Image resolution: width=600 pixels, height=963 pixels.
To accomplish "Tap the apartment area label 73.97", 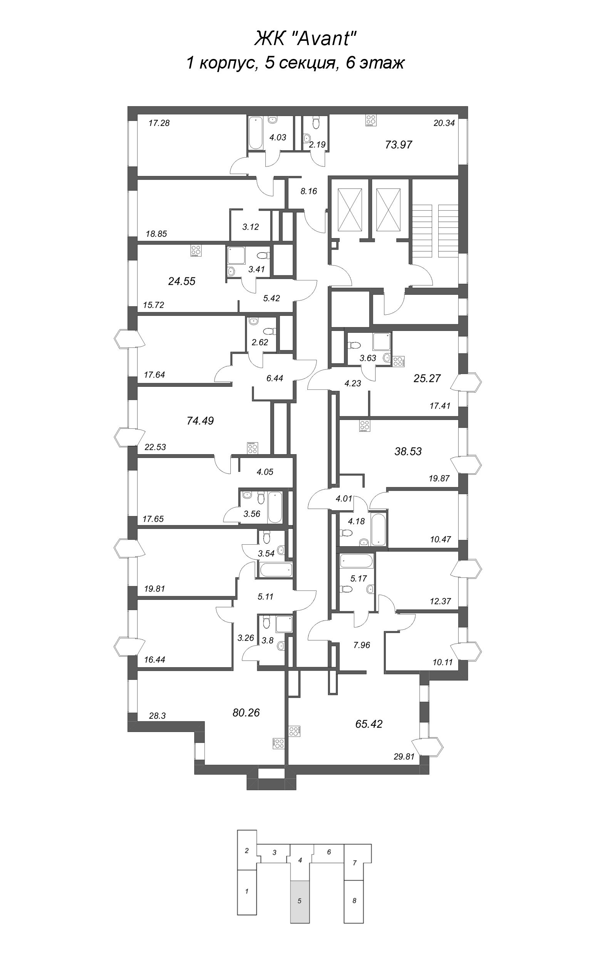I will [399, 145].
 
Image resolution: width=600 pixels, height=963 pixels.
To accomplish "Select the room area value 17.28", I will [159, 123].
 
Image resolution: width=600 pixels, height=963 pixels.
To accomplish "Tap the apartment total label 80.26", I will [246, 713].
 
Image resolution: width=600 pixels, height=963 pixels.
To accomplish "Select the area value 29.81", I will [404, 757].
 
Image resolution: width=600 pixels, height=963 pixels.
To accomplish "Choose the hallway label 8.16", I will [309, 191].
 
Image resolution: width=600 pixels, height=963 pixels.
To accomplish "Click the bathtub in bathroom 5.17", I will [356, 562].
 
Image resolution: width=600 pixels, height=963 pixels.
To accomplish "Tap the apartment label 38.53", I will [408, 451].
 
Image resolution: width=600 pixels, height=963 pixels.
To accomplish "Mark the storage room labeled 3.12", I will [250, 227].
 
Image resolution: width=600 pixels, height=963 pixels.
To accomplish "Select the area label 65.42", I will [369, 724].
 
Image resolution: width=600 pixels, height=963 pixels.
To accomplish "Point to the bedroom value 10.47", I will [441, 539].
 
